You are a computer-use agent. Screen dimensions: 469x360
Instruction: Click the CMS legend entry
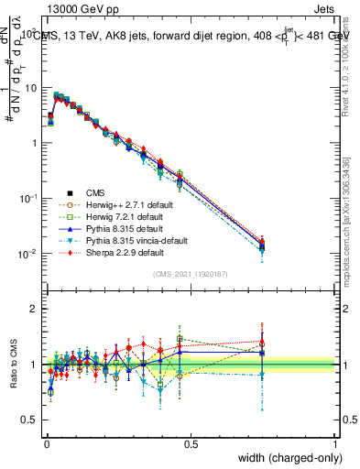pos(95,192)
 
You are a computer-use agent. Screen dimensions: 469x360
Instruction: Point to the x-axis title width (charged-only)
pos(289,458)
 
